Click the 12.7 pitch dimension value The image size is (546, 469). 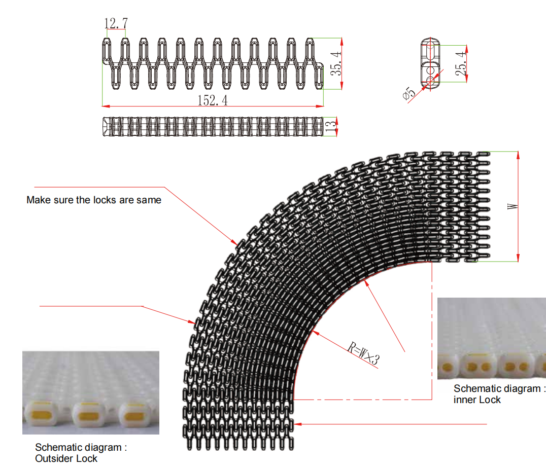(x=116, y=23)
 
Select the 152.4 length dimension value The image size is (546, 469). (x=213, y=100)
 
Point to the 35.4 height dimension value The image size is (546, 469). (x=336, y=64)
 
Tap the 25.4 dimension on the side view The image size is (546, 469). (x=461, y=64)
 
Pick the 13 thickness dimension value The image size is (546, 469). (x=331, y=126)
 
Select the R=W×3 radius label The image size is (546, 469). (x=363, y=353)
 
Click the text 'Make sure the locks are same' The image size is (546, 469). (x=94, y=200)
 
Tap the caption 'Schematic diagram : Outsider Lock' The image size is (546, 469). (x=81, y=453)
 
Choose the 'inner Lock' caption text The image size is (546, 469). (x=477, y=400)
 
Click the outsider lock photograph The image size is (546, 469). (x=91, y=392)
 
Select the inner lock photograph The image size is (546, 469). (x=492, y=338)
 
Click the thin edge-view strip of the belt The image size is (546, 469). (x=213, y=126)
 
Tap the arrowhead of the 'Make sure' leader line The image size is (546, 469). (x=234, y=242)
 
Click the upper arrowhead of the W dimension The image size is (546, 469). (x=518, y=156)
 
